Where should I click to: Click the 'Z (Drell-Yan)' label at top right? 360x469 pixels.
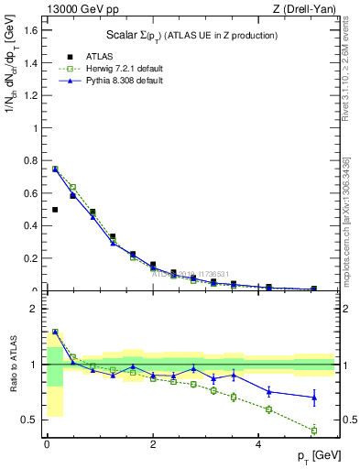(x=303, y=9)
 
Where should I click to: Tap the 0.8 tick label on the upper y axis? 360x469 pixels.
(x=33, y=160)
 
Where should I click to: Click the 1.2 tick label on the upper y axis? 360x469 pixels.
(x=33, y=95)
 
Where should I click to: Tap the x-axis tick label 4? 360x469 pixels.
(x=258, y=446)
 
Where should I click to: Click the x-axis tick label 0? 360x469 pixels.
(x=47, y=446)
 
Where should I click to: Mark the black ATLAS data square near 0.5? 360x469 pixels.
(x=55, y=210)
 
